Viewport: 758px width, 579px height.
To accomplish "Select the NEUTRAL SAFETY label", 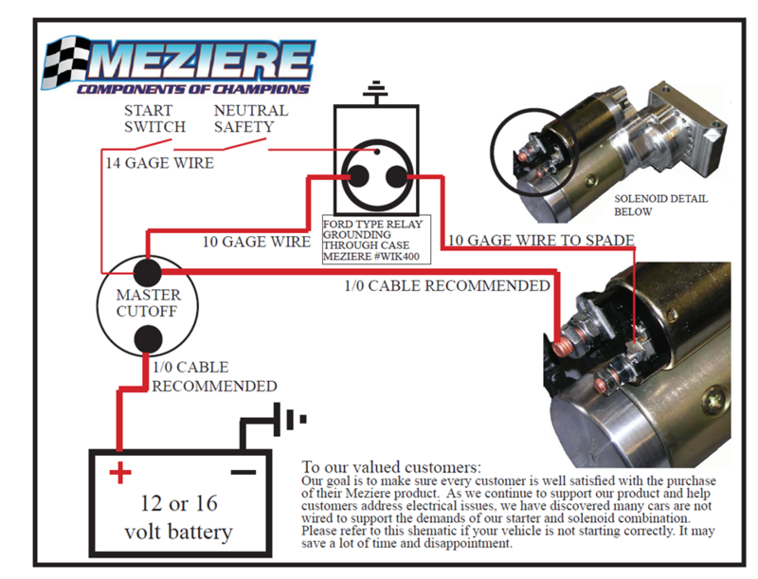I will point(250,118).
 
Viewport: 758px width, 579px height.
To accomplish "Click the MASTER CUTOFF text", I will point(147,303).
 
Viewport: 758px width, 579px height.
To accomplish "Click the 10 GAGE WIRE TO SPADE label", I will point(539,241).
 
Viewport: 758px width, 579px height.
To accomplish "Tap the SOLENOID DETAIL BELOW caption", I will point(660,206).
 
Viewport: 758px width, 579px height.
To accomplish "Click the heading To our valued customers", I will point(390,468).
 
